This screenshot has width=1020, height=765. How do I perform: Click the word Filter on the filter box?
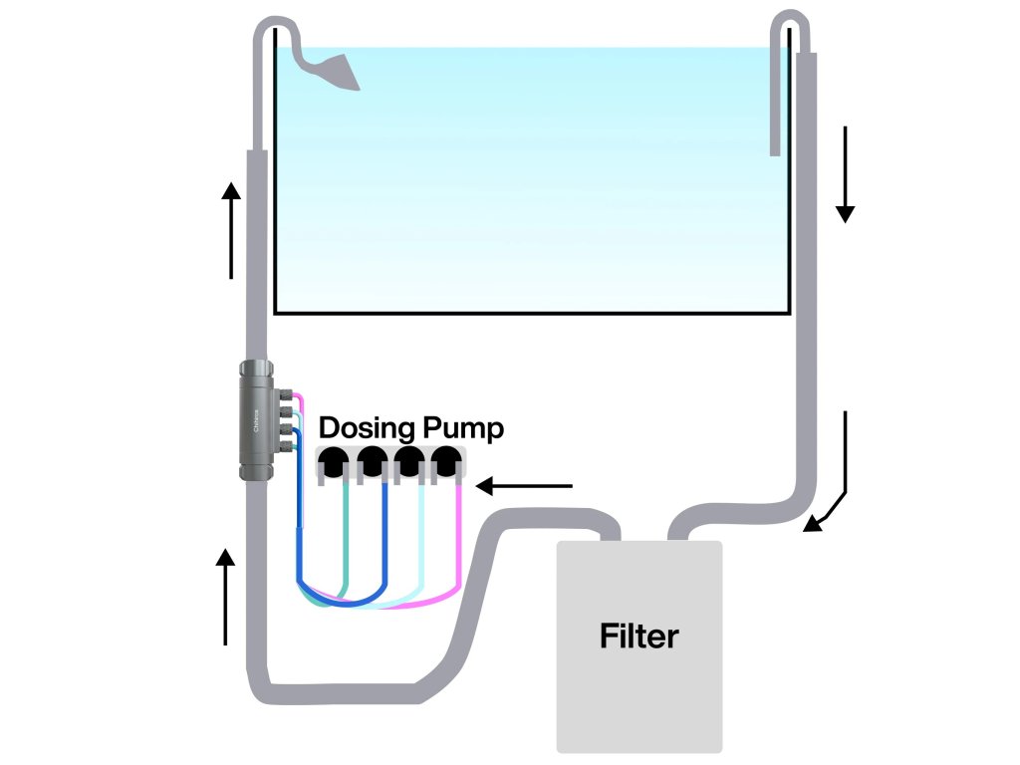(x=638, y=636)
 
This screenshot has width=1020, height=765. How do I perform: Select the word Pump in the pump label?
(x=463, y=429)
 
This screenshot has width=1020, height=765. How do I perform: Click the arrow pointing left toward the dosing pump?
(x=525, y=487)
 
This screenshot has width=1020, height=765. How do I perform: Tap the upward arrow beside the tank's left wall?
(x=231, y=229)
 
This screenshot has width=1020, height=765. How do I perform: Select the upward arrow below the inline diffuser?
(x=227, y=597)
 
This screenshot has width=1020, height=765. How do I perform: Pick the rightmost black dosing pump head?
(x=445, y=462)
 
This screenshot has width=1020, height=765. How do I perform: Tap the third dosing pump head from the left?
(x=409, y=462)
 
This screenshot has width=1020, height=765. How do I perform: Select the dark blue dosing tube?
(x=384, y=538)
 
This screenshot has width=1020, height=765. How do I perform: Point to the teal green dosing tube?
(x=346, y=538)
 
